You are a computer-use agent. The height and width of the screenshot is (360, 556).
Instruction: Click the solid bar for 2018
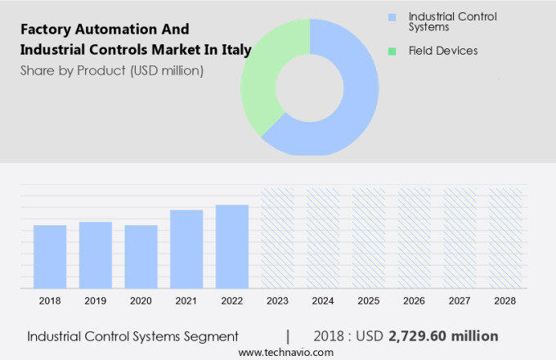(x=50, y=256)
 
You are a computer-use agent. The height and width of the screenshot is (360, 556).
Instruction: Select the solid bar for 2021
(x=186, y=249)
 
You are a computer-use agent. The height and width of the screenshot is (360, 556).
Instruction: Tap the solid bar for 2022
(x=232, y=246)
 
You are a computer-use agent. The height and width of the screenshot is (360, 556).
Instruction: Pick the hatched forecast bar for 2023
(x=277, y=238)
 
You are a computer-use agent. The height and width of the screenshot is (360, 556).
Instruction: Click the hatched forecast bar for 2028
(x=505, y=238)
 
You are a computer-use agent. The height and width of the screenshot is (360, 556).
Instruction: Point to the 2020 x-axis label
(x=141, y=301)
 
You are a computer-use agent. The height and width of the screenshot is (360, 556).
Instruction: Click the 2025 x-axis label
(x=369, y=301)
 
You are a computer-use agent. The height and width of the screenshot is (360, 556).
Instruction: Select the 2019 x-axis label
(x=96, y=301)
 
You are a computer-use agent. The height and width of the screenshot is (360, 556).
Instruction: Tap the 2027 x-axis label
(x=460, y=301)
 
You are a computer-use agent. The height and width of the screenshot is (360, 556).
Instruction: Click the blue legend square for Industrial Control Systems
(x=392, y=16)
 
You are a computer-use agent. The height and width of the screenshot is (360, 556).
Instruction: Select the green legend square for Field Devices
(x=392, y=51)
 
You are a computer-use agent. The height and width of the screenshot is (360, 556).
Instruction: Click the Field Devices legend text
(x=442, y=51)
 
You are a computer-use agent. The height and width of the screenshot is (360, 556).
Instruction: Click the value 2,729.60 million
(x=443, y=336)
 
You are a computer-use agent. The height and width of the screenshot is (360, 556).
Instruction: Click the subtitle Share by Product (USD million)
(x=112, y=70)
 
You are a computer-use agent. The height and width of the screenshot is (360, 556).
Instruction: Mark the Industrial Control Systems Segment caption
(x=132, y=336)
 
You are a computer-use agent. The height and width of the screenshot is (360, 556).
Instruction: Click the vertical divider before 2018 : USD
(x=288, y=336)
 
